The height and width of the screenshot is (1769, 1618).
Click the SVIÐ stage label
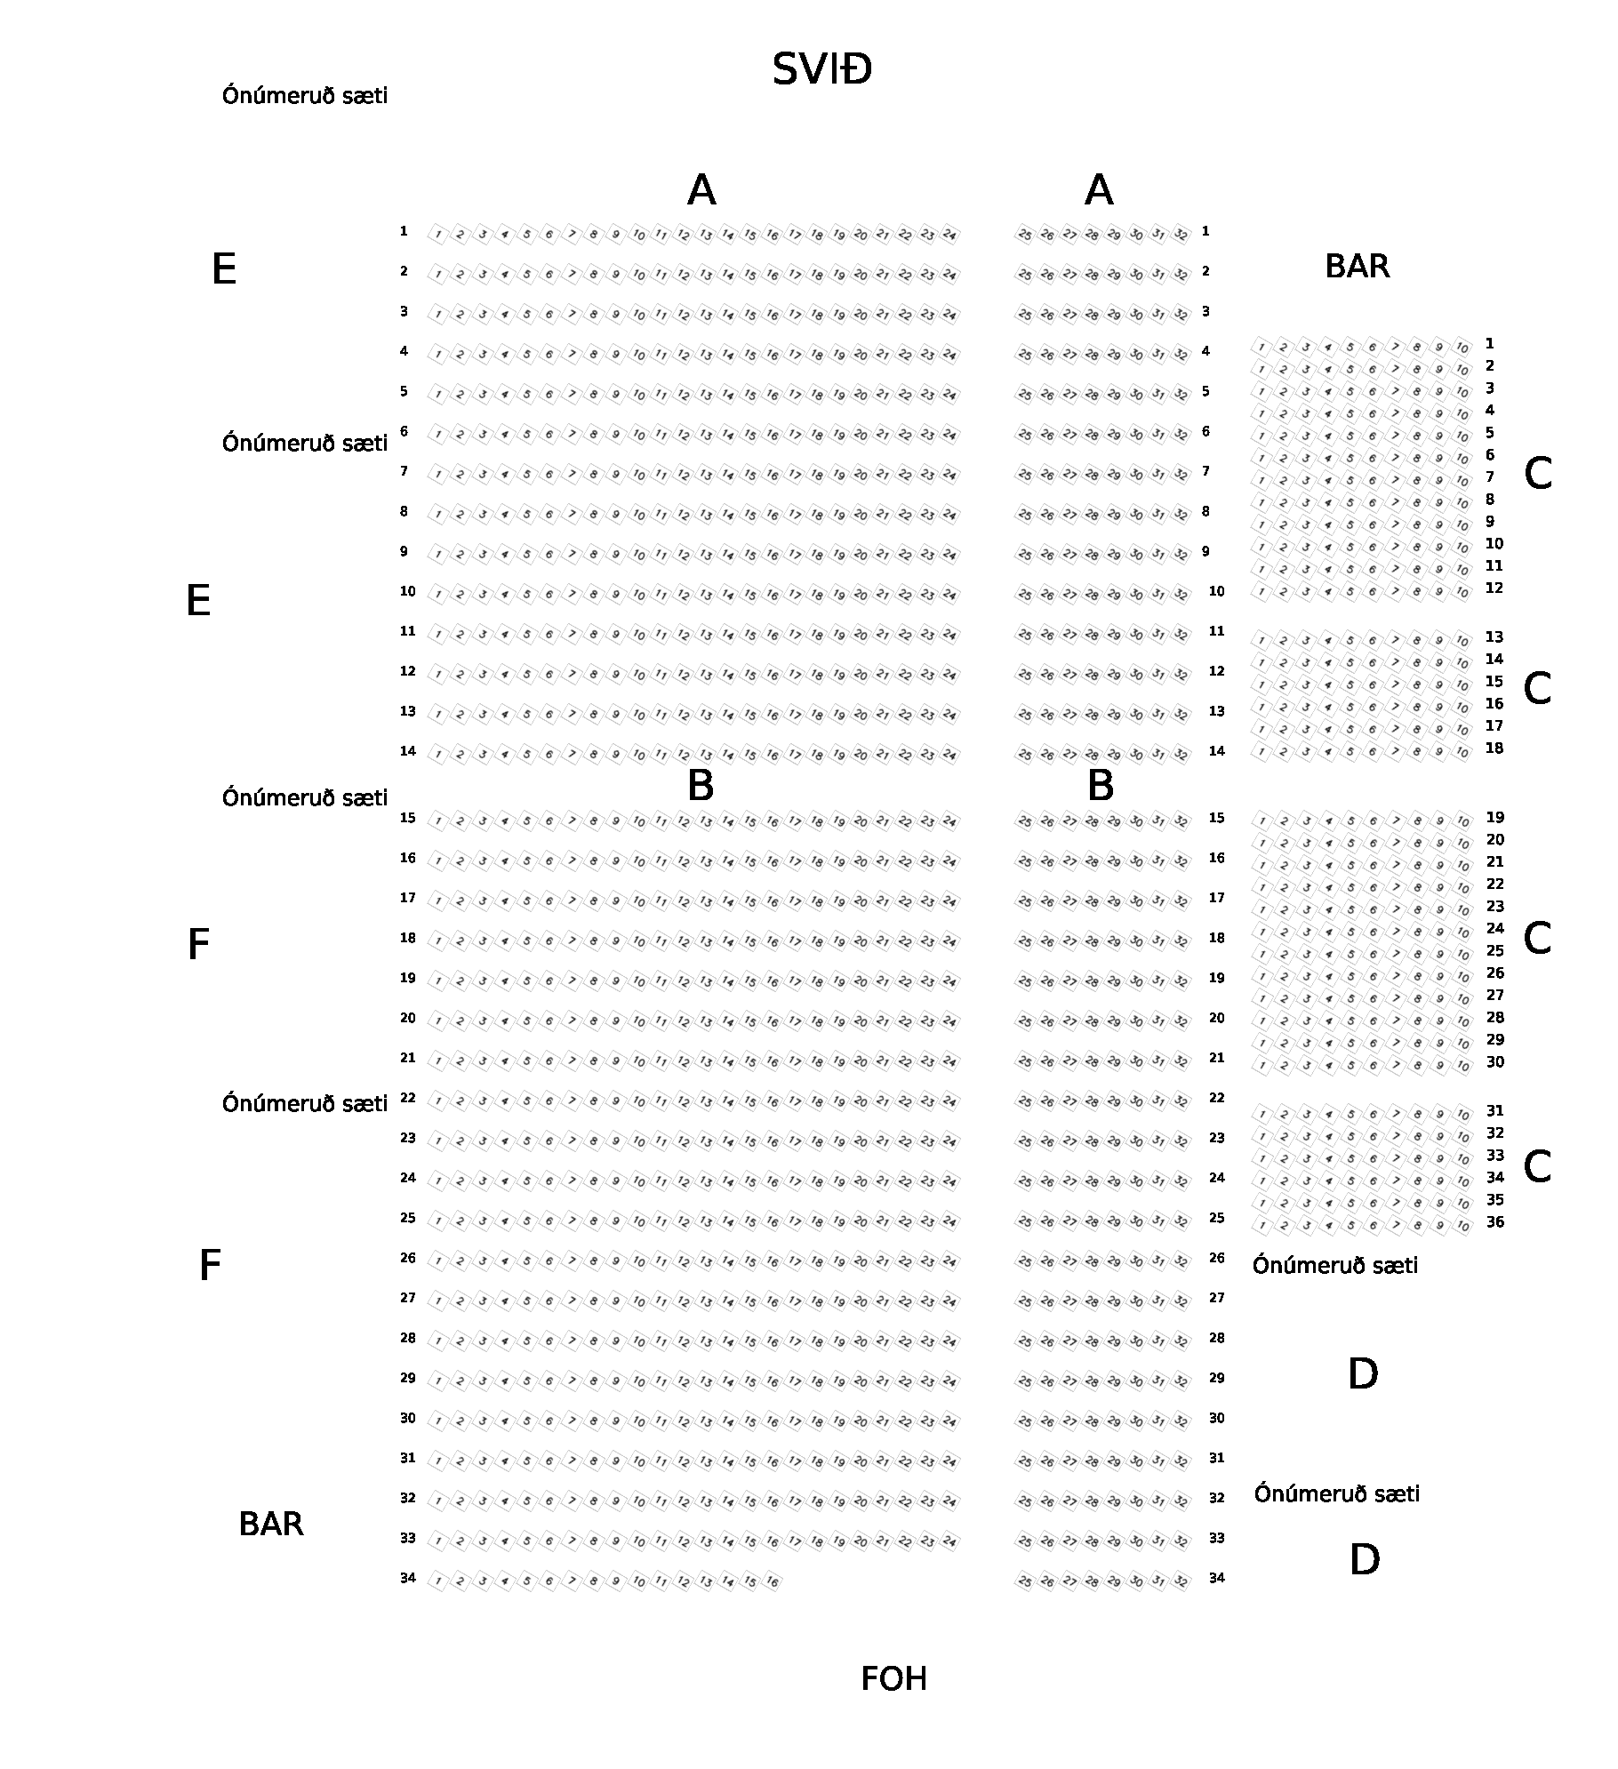coord(821,69)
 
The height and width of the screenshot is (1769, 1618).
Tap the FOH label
coord(893,1678)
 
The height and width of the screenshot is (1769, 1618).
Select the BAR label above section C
coord(1357,266)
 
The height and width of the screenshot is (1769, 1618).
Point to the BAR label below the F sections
coord(271,1524)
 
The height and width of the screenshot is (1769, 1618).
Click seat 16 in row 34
coord(773,1581)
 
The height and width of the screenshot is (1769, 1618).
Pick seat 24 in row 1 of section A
coord(949,235)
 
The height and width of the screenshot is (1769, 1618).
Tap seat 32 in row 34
coord(1181,1581)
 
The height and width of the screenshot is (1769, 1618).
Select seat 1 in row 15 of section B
coord(437,821)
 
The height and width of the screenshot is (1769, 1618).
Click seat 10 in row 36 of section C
coord(1462,1226)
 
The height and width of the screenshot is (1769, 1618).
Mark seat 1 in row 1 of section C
coord(1262,347)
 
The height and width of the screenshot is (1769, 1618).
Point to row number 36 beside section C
coord(1495,1222)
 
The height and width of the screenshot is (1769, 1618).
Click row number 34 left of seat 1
coord(407,1578)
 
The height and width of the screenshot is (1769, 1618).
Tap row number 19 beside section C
coord(1495,818)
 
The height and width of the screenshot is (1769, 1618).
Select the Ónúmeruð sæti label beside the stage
coord(305,95)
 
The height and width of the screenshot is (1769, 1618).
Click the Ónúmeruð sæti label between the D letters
coord(1336,1493)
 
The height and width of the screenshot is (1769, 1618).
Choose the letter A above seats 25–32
coord(1099,189)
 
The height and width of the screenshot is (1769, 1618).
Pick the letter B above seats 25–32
coord(1101,785)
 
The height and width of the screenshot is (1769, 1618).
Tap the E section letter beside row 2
coord(224,268)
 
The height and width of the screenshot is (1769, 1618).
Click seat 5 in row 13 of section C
coord(1350,641)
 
